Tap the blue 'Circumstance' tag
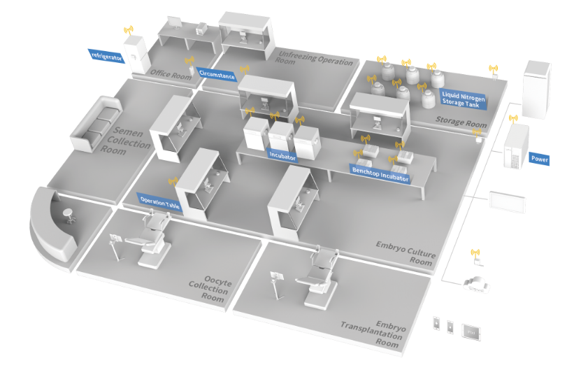click(x=217, y=74)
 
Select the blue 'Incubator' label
click(x=282, y=157)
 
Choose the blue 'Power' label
click(x=539, y=159)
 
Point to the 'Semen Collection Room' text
click(x=130, y=140)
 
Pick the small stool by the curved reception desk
click(x=68, y=214)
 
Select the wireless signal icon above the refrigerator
click(x=128, y=31)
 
